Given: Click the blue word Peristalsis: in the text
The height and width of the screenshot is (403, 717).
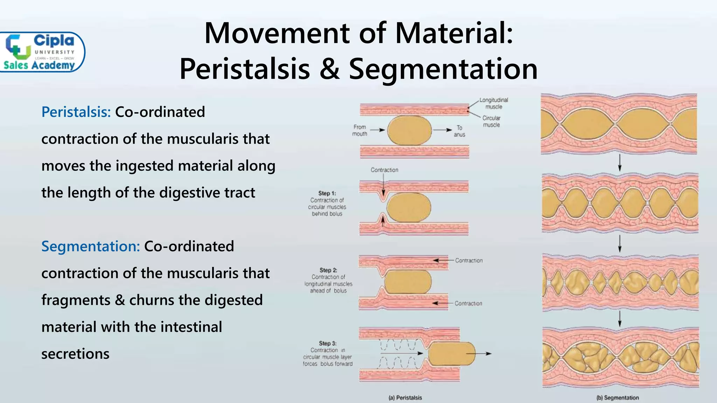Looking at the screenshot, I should coord(76,112).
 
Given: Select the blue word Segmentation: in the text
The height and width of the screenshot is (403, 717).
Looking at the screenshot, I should coord(90,246).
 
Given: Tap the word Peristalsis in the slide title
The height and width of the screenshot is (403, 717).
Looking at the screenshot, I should coord(244,69).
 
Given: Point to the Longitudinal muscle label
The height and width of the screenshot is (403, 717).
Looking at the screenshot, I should coord(494,103).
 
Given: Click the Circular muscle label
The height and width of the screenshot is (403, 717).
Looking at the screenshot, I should coord(491,121).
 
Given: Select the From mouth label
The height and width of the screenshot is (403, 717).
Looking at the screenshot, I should coord(360,130).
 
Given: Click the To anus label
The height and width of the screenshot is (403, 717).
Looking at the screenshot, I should coord(459,131).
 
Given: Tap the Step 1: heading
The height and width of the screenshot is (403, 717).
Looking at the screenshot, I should coord(327,193).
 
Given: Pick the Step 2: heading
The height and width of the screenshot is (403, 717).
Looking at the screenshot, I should coord(328,270).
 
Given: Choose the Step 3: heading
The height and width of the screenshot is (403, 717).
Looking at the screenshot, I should coord(328,343).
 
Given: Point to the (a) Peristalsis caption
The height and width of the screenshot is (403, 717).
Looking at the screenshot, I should coord(405,398).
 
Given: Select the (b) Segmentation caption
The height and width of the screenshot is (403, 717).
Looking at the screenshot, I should coord(618,398).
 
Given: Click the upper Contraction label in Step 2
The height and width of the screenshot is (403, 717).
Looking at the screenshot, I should coord(469,261).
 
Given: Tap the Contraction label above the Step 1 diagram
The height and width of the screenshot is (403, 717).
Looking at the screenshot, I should coord(384,170).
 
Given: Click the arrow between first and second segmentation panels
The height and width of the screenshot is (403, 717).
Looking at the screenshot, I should coord(620,163).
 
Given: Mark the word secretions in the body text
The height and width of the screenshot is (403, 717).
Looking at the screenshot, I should coord(75,354).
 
